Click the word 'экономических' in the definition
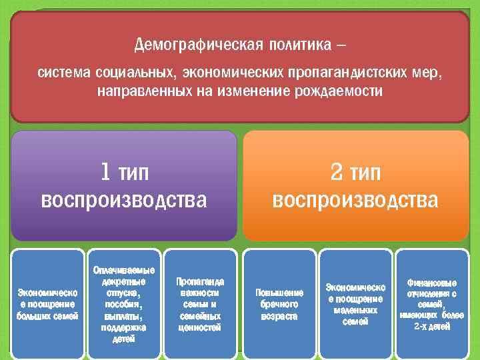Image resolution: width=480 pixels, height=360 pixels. [231, 71]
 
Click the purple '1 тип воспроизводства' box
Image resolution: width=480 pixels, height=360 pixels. [124, 185]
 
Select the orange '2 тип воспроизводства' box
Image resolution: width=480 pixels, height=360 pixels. [355, 185]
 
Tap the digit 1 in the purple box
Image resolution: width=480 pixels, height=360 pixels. [105, 173]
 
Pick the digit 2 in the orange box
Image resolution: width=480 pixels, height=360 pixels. [337, 173]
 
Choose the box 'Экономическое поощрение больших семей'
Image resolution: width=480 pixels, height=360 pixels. [47, 303]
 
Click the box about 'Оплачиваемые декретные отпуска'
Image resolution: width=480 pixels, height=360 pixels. [123, 303]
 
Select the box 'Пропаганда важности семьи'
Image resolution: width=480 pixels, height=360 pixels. [199, 303]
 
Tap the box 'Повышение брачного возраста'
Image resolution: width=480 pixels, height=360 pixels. [279, 303]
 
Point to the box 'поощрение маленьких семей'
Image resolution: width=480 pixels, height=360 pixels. [355, 303]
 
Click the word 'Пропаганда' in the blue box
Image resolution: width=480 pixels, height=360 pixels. [199, 282]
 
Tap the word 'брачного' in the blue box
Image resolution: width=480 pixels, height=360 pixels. [279, 304]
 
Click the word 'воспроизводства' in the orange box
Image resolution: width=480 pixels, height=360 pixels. [355, 200]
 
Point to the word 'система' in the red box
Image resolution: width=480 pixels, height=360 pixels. [57, 71]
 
